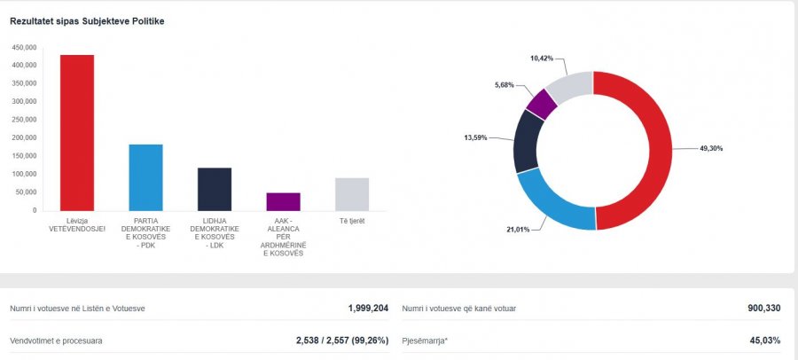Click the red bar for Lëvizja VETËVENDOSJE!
pyautogui.click(x=77, y=133)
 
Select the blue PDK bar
pyautogui.click(x=145, y=177)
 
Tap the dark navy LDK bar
pyautogui.click(x=215, y=189)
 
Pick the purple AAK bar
pyautogui.click(x=283, y=201)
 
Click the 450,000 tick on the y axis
pyautogui.click(x=24, y=47)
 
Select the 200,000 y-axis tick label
pyautogui.click(x=24, y=138)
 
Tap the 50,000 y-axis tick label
pyautogui.click(x=27, y=192)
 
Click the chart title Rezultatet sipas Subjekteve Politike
pyautogui.click(x=87, y=20)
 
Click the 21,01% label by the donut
pyautogui.click(x=518, y=230)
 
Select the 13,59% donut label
pyautogui.click(x=475, y=137)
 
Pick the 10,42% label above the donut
pyautogui.click(x=542, y=59)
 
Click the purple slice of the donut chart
pyautogui.click(x=542, y=104)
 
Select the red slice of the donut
pyautogui.click(x=652, y=151)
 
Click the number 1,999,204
pyautogui.click(x=368, y=309)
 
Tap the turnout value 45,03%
pyautogui.click(x=765, y=340)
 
